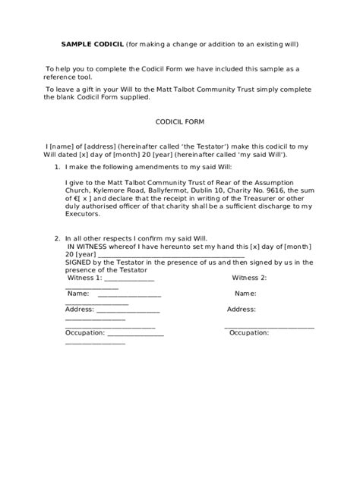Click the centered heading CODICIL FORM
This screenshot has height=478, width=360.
pyautogui.click(x=180, y=121)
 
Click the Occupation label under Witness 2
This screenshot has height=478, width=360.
pyautogui.click(x=250, y=333)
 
